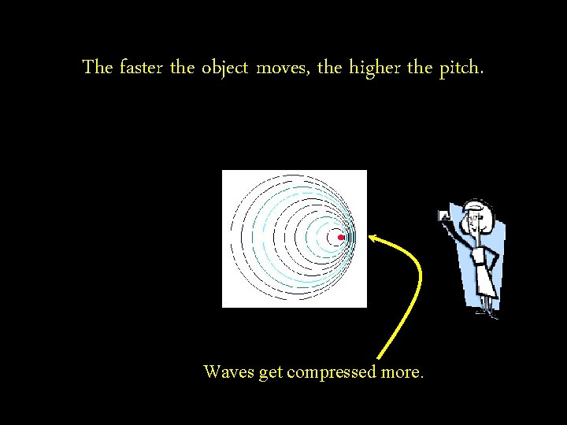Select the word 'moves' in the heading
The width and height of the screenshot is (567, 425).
pos(287,68)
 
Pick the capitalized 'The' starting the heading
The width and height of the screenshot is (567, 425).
pos(98,68)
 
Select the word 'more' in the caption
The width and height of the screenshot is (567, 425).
pos(402,372)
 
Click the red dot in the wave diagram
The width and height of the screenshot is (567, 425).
pos(340,237)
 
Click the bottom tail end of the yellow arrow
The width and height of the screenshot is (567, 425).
pos(380,358)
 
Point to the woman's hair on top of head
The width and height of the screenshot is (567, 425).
pos(478,205)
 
